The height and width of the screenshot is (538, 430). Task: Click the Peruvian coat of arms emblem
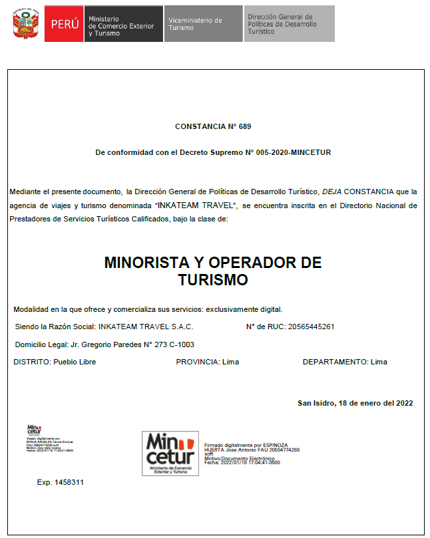[26, 24]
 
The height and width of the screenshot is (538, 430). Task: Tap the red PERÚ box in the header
[64, 24]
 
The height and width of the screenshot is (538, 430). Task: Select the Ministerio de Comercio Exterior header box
[123, 24]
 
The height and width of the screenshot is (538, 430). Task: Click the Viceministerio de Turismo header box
[202, 24]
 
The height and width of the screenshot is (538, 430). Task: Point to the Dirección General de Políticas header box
[288, 24]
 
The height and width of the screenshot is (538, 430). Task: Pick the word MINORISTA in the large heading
[158, 263]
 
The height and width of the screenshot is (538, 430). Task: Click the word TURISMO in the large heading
[213, 280]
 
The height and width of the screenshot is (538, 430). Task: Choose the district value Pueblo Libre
[75, 362]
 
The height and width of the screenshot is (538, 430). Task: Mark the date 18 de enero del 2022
[375, 403]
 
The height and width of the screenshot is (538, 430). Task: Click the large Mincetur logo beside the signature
[170, 453]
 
